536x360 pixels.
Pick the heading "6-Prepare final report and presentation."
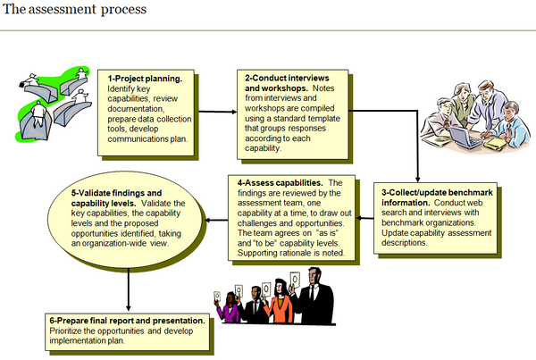[130, 320]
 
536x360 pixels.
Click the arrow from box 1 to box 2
[217, 112]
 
